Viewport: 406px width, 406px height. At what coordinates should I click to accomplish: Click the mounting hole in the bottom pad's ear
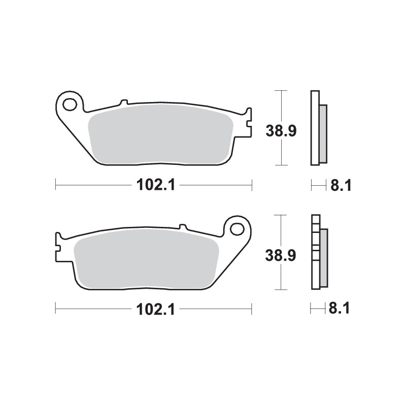point(237,229)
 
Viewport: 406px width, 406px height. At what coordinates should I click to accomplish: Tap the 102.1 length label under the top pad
point(155,185)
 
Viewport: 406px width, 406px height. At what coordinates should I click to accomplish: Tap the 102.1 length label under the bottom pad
point(155,309)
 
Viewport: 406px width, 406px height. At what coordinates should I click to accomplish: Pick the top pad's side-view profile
point(318,128)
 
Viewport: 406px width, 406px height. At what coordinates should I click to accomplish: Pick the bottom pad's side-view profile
point(318,252)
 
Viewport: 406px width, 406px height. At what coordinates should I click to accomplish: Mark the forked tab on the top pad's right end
point(247,122)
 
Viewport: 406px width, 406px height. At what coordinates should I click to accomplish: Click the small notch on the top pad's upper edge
point(123,101)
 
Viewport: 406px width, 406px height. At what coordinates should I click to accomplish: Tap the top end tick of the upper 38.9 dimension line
point(281,90)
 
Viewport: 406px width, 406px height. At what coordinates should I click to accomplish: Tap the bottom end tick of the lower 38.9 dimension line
point(281,290)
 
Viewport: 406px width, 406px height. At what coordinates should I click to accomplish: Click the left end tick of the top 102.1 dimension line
point(55,185)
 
